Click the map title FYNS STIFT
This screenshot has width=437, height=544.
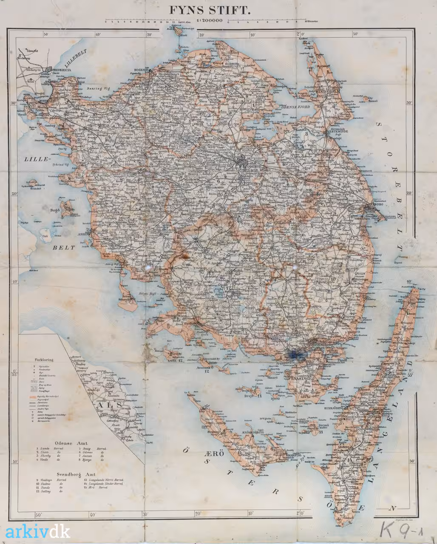(208, 10)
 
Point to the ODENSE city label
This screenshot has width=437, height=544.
(251, 167)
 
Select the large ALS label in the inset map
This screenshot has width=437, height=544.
(110, 405)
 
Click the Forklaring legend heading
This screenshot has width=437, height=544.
(44, 357)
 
